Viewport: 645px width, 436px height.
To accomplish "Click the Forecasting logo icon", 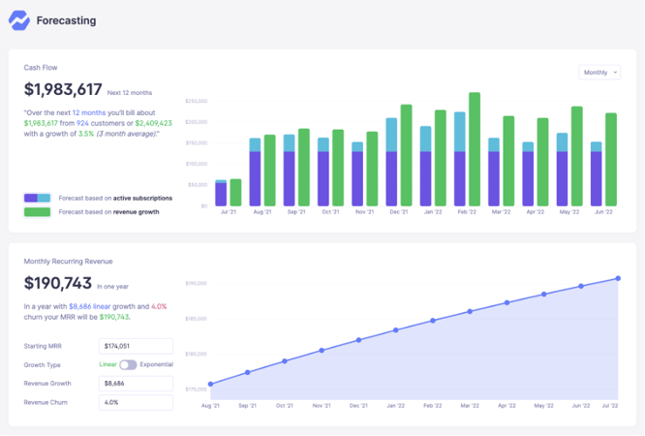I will coord(19,19).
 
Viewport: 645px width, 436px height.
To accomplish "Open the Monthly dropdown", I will coord(599,73).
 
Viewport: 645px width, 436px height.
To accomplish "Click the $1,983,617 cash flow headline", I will coord(63,90).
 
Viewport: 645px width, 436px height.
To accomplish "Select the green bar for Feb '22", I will coord(475,150).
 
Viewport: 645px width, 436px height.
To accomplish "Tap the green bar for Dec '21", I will coord(406,156).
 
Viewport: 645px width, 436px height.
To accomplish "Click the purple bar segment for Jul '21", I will coord(221,195).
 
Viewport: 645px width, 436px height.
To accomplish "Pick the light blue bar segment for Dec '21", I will coord(391,134).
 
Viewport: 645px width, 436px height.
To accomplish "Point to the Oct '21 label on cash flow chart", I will coord(330,212).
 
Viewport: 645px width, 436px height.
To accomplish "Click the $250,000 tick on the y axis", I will coord(197,101).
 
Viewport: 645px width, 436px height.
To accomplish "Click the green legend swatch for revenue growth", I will coord(38,211).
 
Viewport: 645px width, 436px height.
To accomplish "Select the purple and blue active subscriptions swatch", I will coord(38,198).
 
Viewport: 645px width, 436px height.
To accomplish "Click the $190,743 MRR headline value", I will coord(57,285).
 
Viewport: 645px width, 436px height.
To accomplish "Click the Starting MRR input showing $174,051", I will coord(136,346).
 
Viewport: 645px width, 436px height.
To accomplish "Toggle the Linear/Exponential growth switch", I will coord(128,364).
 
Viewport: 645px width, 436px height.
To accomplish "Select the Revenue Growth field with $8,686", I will coord(136,383).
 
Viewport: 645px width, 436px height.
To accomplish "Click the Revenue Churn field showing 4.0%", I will coord(136,401).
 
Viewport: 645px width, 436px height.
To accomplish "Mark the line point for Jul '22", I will coord(617,279).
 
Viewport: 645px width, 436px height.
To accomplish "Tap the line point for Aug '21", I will coord(210,384).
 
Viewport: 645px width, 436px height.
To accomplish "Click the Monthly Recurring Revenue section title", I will coord(68,262).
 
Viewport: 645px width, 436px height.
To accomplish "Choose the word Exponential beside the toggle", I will coord(157,364).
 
